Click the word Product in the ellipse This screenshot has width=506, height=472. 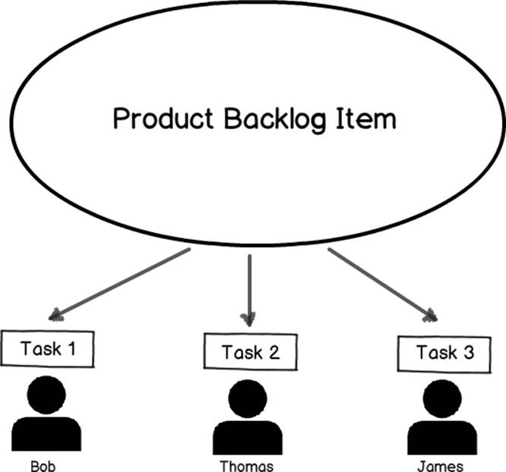click(x=163, y=118)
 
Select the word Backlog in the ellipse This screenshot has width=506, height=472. click(x=274, y=120)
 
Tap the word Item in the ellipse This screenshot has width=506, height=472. click(x=366, y=118)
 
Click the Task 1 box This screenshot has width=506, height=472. click(x=47, y=349)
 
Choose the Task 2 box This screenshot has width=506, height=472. click(x=251, y=352)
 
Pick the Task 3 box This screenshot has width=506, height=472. click(x=444, y=354)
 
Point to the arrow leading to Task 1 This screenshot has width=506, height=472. click(x=119, y=285)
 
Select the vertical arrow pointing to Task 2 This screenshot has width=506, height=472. click(x=249, y=291)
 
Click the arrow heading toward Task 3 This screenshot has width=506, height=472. click(x=383, y=285)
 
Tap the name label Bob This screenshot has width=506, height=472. click(x=43, y=466)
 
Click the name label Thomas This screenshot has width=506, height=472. click(x=247, y=466)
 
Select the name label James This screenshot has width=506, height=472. click(x=440, y=467)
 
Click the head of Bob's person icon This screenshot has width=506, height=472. click(x=46, y=395)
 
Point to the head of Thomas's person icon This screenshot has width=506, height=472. click(x=248, y=399)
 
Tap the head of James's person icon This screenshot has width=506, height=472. click(x=442, y=399)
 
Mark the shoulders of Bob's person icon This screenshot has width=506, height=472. click(x=46, y=434)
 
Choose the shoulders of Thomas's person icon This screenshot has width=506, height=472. click(x=248, y=438)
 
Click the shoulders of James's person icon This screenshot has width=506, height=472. click(x=442, y=438)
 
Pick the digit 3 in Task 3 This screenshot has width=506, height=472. click(x=469, y=352)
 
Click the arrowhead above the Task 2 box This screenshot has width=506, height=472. click(x=248, y=319)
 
